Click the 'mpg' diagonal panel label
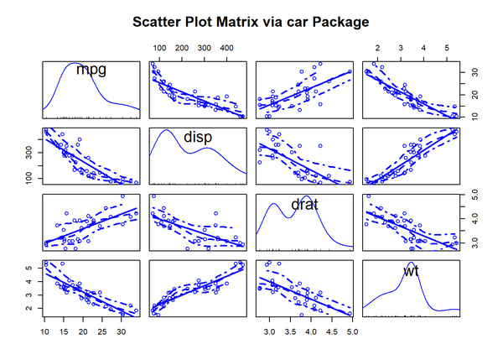tap(91, 70)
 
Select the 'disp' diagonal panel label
tap(197, 136)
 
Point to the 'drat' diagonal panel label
tap(304, 203)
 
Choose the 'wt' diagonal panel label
tap(411, 271)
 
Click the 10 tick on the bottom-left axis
tap(45, 331)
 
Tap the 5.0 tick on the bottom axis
tap(352, 331)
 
